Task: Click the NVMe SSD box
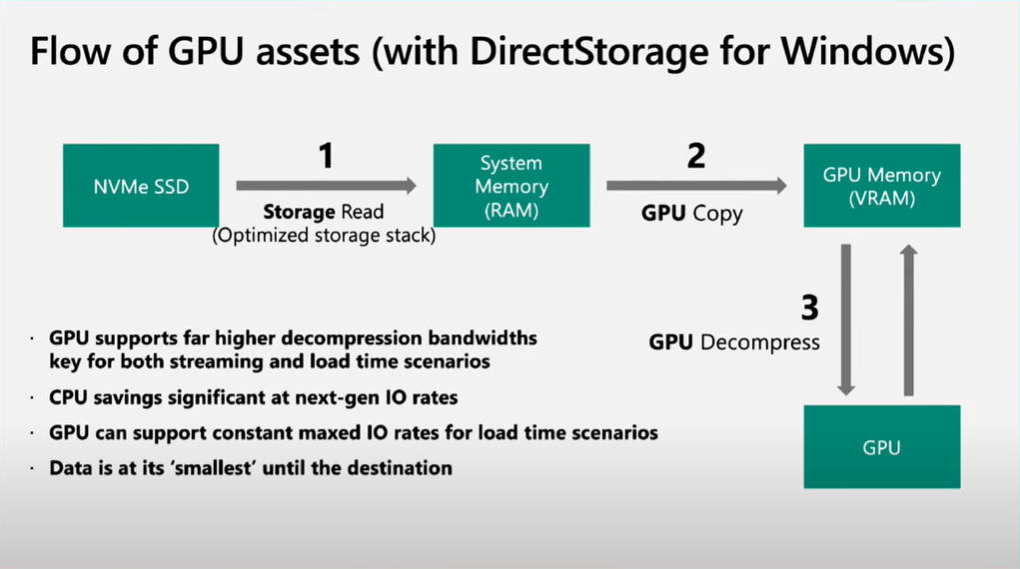(x=140, y=185)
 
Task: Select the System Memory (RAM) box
(x=510, y=185)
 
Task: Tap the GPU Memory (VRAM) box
(x=881, y=185)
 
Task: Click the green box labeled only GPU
(x=881, y=447)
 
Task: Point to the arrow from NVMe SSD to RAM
(x=326, y=185)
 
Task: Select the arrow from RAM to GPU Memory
(x=695, y=185)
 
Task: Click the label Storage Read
(x=324, y=212)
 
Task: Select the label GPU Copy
(x=691, y=214)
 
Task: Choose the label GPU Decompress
(x=734, y=342)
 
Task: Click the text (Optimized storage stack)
(x=324, y=236)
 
